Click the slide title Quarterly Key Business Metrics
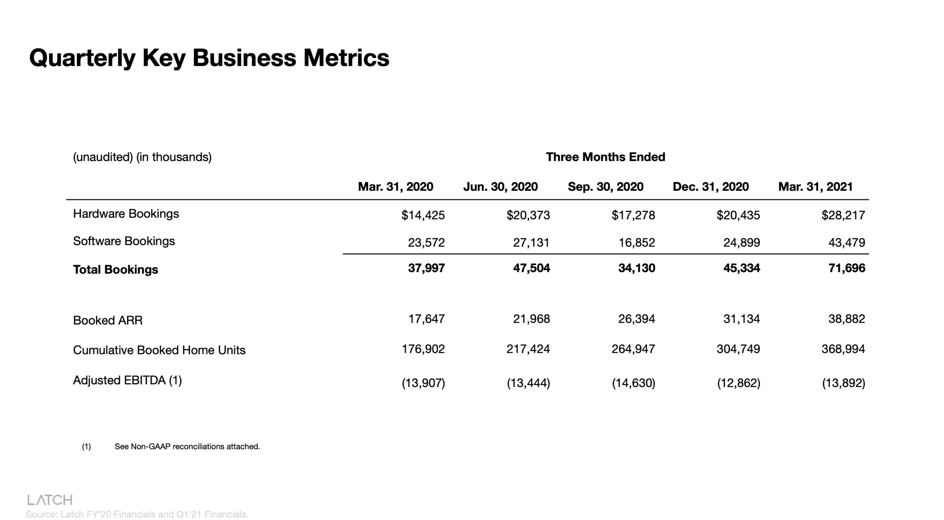pos(209,58)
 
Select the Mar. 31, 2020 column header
pos(396,187)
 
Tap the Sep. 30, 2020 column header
pos(605,187)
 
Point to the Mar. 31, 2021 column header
pos(815,187)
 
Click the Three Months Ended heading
pos(605,157)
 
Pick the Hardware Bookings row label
pos(126,214)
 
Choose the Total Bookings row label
pos(115,270)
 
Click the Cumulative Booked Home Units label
pos(159,350)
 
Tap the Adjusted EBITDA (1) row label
pos(127,381)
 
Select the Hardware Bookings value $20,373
pos(528,215)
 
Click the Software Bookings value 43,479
pos(847,243)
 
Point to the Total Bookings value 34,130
pos(636,268)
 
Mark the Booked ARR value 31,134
pos(741,319)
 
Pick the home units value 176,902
pos(423,349)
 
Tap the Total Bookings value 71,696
pos(847,268)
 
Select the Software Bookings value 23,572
pos(426,243)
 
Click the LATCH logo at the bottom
pos(50,500)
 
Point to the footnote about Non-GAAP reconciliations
pos(187,447)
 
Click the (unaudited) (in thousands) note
pos(142,157)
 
